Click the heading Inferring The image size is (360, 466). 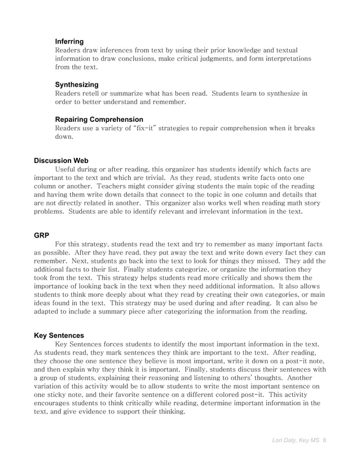tap(69, 42)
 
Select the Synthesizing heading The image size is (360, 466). tap(76, 85)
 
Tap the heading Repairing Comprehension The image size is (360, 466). tap(99, 120)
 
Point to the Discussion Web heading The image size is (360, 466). tap(61, 161)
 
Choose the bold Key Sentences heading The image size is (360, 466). tap(59, 335)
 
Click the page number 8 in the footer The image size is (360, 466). tap(324, 439)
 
